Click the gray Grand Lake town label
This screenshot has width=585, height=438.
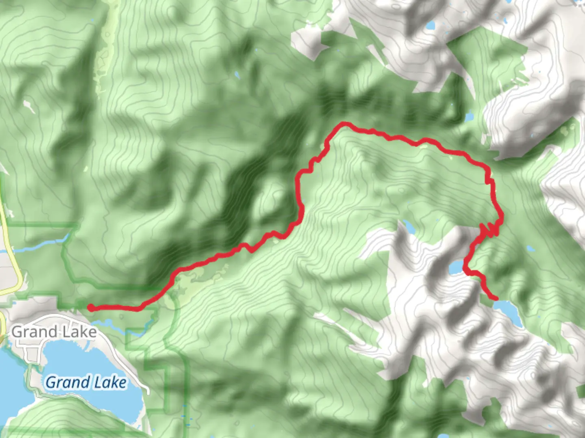click(x=54, y=332)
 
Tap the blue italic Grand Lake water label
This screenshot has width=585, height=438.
click(x=86, y=382)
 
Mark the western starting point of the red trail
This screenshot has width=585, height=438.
click(x=90, y=307)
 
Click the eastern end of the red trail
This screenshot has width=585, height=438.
click(x=496, y=299)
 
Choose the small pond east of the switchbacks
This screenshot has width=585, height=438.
click(x=530, y=248)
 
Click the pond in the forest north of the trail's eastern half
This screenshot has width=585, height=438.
click(x=469, y=117)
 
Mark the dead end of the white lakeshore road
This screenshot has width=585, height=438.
click(x=148, y=393)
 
